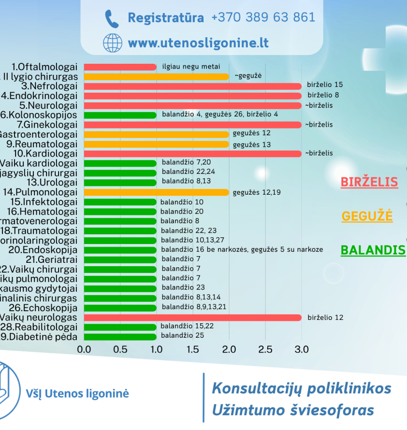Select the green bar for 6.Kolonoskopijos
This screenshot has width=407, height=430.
[x=120, y=115]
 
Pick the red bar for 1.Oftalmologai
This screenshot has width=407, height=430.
[x=120, y=67]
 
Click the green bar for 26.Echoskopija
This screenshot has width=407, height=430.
[x=120, y=308]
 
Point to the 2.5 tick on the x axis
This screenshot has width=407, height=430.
[x=265, y=349]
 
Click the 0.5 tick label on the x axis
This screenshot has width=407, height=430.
[x=120, y=349]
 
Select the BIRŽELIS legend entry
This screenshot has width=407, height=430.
[x=369, y=182]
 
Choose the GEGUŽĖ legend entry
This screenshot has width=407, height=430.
[x=367, y=216]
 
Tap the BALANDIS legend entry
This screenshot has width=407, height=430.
[x=373, y=250]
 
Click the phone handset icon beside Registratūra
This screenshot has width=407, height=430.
[x=112, y=19]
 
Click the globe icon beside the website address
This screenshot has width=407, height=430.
[x=112, y=43]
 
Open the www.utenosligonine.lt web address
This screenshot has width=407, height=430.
[x=198, y=43]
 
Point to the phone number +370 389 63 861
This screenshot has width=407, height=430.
[x=263, y=18]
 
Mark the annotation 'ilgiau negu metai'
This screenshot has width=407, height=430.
[x=191, y=67]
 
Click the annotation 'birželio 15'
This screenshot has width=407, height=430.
[x=325, y=85]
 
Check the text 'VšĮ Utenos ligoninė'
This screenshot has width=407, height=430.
[x=77, y=394]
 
